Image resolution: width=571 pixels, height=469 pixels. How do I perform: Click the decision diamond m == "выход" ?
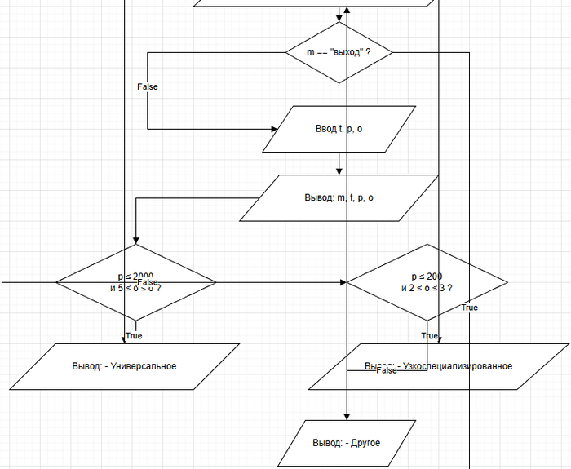[339, 52]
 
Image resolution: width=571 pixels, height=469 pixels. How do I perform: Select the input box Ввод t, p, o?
[339, 129]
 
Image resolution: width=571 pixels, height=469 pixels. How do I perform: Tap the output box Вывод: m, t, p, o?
[339, 198]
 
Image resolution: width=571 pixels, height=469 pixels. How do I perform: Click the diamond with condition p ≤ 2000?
[136, 282]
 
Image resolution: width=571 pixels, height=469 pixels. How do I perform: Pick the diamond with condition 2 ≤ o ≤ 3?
[427, 282]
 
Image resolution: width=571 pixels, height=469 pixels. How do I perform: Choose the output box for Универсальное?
[124, 366]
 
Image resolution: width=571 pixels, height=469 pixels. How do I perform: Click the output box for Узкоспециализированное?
[439, 366]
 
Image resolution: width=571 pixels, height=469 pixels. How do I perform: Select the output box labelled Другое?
[347, 443]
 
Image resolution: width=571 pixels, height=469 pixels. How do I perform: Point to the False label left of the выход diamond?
[148, 86]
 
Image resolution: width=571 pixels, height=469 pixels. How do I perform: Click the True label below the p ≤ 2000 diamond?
[134, 335]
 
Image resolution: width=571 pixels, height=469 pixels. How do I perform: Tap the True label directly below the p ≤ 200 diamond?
[429, 335]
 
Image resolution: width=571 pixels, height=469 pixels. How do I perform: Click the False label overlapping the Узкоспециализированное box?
[387, 370]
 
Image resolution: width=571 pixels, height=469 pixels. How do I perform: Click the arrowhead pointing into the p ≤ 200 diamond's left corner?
[343, 282]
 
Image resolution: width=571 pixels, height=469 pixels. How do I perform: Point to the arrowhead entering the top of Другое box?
[347, 416]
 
